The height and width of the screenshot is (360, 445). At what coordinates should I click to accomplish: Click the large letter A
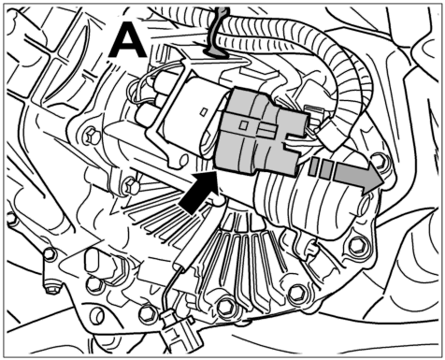click(127, 41)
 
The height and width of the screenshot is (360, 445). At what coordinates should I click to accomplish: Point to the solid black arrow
click(199, 194)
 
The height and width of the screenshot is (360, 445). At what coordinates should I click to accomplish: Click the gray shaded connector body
click(259, 133)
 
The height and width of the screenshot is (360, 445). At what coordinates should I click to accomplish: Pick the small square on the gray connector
click(243, 125)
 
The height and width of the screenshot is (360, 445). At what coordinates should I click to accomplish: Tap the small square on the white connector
click(204, 112)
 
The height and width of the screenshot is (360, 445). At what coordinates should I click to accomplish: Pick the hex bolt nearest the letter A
click(92, 137)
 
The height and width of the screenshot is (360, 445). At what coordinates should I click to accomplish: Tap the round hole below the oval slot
click(97, 316)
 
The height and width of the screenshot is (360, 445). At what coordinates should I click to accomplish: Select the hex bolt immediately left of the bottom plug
click(147, 314)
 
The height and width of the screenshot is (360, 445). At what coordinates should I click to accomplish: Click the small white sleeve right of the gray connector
click(331, 135)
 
